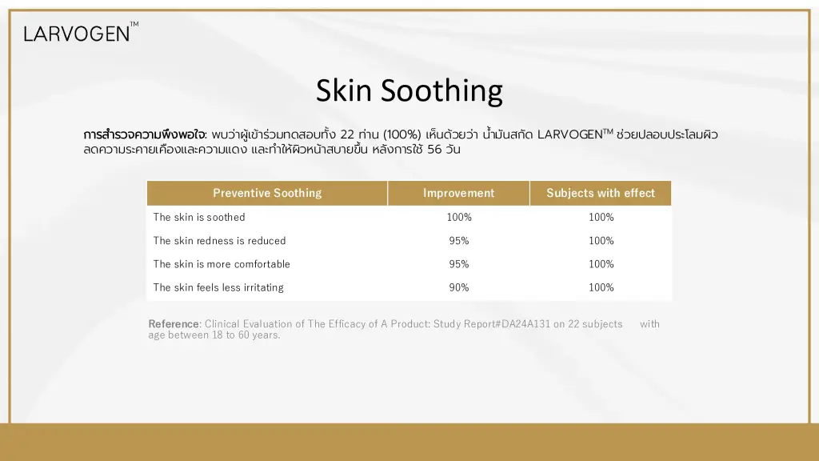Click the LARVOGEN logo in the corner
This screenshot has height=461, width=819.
(x=81, y=32)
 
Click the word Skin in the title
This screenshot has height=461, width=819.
(x=344, y=90)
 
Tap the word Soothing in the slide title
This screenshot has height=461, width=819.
(x=441, y=91)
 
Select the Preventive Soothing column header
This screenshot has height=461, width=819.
(x=267, y=193)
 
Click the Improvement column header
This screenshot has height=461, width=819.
(x=458, y=193)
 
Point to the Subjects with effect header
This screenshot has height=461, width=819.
(x=601, y=193)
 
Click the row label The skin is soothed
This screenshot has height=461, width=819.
(x=199, y=217)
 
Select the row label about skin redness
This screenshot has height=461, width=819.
(x=219, y=240)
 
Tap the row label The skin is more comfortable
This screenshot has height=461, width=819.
(x=222, y=264)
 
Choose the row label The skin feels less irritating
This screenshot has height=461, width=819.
(x=218, y=287)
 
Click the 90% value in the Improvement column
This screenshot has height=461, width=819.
(x=459, y=287)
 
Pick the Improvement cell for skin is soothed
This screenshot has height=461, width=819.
(x=459, y=217)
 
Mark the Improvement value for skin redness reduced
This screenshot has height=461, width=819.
(x=459, y=240)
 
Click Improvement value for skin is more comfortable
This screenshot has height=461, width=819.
(x=459, y=264)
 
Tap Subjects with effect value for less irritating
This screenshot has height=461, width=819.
(x=601, y=287)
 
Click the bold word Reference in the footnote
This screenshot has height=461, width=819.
(x=174, y=324)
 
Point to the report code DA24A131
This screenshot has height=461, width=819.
(x=526, y=324)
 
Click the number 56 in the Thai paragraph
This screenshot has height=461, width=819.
(x=434, y=150)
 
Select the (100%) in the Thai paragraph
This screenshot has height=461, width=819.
(x=402, y=134)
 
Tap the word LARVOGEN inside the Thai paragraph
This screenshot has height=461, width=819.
(x=569, y=134)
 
